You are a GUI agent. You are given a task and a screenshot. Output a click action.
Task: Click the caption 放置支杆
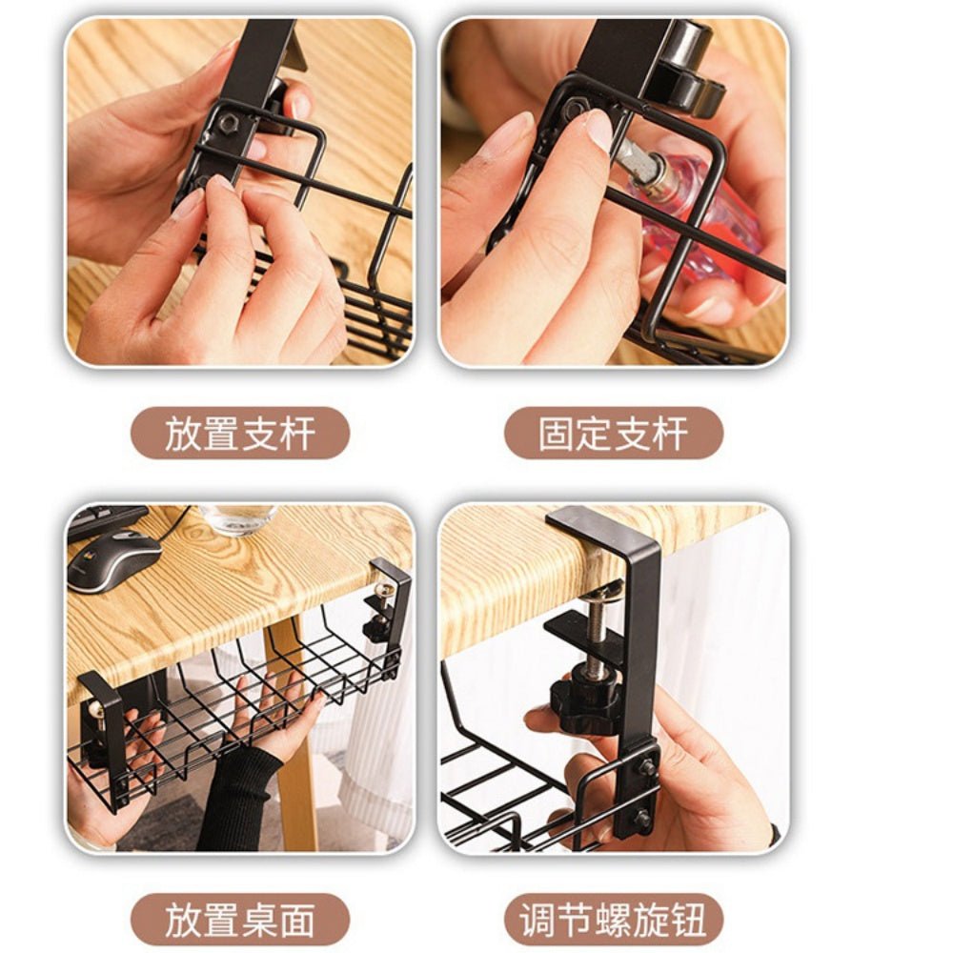[239, 434]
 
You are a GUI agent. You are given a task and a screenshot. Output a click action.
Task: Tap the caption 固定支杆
[613, 434]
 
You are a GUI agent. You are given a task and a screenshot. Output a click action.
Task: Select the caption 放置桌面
[239, 921]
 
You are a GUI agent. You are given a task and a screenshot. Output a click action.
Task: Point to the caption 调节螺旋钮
[613, 921]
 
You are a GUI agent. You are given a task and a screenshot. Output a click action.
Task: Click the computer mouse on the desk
[114, 560]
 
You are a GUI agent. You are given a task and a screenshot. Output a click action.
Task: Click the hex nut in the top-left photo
[229, 123]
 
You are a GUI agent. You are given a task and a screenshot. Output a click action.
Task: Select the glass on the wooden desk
[238, 519]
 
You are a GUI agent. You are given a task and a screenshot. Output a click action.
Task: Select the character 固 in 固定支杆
[557, 434]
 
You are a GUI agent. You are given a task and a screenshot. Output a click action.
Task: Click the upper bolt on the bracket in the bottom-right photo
[647, 767]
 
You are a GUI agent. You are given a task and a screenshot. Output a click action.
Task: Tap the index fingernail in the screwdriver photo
[599, 129]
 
